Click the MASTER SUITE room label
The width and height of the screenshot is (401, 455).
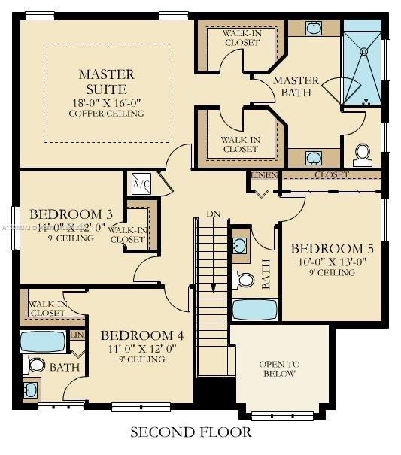click(x=106, y=81)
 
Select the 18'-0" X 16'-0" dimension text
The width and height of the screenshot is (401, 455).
click(x=106, y=102)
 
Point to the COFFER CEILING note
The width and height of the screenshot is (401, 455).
click(x=106, y=114)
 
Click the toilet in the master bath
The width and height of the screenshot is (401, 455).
click(x=363, y=154)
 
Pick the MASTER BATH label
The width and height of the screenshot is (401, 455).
click(x=296, y=87)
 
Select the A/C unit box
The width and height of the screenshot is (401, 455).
click(x=141, y=183)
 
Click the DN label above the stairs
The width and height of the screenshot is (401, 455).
click(x=213, y=214)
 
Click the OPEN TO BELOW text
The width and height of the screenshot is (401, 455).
click(x=279, y=369)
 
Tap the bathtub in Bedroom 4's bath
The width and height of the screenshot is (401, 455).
click(x=42, y=341)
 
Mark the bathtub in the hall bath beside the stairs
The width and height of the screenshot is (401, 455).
click(x=254, y=309)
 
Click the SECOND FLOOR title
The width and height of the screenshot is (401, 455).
click(x=191, y=432)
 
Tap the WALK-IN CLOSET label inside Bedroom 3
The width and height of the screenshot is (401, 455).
click(x=128, y=235)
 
